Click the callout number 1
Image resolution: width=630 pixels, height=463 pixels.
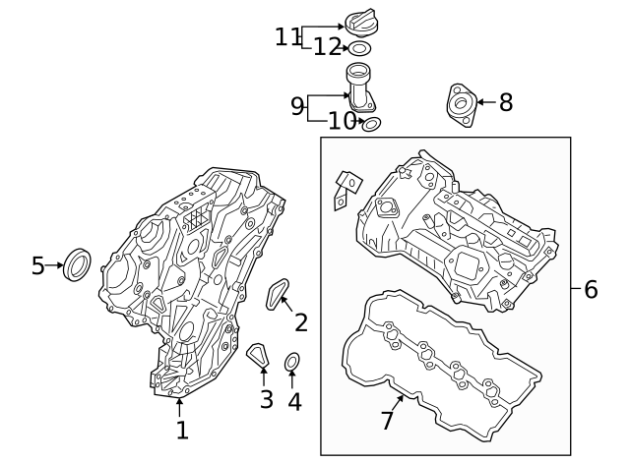(x=181, y=430)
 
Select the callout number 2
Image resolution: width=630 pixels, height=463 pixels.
(x=301, y=321)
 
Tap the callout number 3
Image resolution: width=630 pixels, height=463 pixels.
(x=266, y=399)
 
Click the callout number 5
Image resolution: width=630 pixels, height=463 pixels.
(x=38, y=265)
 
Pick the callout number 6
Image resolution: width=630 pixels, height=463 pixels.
(x=591, y=289)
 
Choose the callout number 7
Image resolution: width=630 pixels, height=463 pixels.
(x=387, y=421)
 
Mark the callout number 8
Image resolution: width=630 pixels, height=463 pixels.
(x=506, y=101)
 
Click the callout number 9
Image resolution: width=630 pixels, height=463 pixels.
(x=297, y=106)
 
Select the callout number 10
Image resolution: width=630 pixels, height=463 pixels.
(x=341, y=122)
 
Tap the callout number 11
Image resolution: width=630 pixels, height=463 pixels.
(x=287, y=36)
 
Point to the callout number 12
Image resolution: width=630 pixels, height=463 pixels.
(x=327, y=47)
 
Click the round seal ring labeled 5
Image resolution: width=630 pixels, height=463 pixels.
(x=77, y=264)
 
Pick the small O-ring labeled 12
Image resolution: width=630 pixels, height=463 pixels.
(x=360, y=48)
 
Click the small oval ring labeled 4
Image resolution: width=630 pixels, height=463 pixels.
(x=292, y=365)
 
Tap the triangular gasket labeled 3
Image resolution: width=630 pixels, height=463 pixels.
(x=258, y=355)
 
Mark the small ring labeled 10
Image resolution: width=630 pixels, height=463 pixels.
(x=371, y=124)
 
